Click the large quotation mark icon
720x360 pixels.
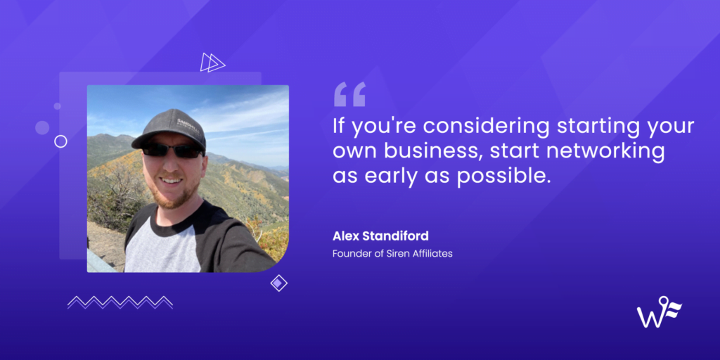(349, 94)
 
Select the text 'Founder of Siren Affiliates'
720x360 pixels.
(392, 253)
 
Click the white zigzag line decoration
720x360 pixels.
(120, 302)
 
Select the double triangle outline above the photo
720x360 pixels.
(212, 63)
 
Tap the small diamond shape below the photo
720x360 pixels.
(279, 283)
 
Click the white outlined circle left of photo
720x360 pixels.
(60, 141)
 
